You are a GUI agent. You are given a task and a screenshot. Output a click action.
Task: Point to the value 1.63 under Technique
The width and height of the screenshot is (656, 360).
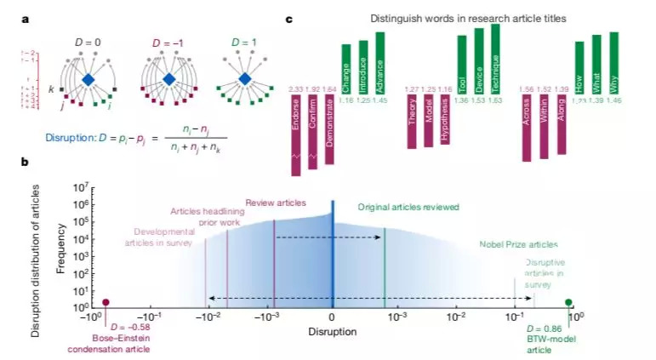pos(495,100)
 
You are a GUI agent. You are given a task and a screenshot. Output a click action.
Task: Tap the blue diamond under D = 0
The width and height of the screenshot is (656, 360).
pos(88,79)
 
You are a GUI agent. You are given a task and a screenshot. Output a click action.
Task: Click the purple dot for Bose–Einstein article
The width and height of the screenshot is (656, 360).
pos(106,302)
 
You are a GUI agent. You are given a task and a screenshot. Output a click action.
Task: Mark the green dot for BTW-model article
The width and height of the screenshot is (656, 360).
pos(568,302)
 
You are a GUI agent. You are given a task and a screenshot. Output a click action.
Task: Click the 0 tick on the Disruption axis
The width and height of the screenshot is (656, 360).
pos(332,317)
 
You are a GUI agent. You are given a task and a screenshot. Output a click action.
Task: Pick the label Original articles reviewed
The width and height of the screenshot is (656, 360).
pos(408,206)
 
